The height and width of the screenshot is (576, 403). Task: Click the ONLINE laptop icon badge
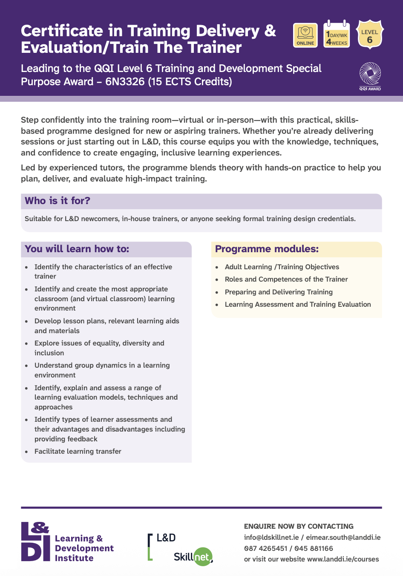[x=305, y=35]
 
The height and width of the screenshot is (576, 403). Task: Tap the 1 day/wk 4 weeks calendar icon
[x=337, y=34]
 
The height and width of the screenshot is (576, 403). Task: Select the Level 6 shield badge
[x=370, y=34]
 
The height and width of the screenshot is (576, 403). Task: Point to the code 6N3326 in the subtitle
[x=125, y=81]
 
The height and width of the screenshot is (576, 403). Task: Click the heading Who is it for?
[x=58, y=201]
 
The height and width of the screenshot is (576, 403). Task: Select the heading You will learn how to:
[x=77, y=249]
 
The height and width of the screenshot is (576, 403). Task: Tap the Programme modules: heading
[x=267, y=249]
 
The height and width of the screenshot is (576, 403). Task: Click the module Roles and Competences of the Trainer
[x=286, y=279]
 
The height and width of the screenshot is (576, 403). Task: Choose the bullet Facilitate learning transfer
[x=78, y=451]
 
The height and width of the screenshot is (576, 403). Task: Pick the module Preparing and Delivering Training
[x=279, y=292]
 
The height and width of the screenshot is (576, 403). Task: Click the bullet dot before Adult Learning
[x=217, y=267]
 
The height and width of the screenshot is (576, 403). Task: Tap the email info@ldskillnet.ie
[x=271, y=537]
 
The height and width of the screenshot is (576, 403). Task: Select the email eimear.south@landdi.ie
[x=343, y=537]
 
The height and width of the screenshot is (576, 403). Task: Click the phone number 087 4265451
[x=266, y=548]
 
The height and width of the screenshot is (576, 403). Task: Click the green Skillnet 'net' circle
[x=203, y=556]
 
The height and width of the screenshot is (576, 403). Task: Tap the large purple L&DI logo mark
[x=36, y=541]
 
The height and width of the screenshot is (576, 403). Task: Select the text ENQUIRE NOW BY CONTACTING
[x=299, y=526]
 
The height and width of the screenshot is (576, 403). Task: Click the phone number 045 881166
[x=314, y=548]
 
